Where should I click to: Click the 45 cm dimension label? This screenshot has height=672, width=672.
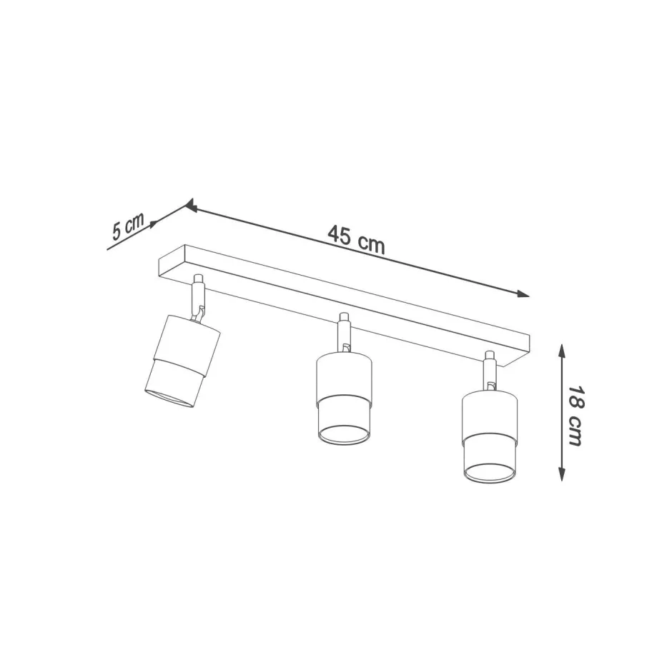(356, 240)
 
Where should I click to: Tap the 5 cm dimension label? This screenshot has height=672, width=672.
(127, 226)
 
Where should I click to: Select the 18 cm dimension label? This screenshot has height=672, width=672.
(575, 416)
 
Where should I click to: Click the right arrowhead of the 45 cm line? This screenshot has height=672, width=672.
(523, 294)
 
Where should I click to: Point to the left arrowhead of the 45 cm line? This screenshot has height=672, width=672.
(192, 207)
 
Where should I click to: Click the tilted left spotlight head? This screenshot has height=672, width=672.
(182, 361)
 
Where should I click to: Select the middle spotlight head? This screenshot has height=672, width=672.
(344, 398)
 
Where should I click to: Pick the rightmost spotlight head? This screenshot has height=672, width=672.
(490, 435)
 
